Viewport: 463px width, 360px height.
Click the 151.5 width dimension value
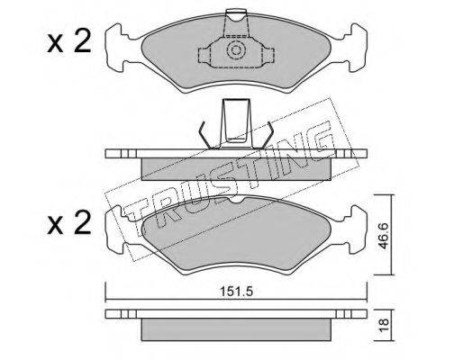pos(236,291)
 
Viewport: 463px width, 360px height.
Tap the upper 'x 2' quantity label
pos(68,42)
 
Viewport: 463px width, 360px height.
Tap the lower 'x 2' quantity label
pos(68,222)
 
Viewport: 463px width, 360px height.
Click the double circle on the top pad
pos(236,50)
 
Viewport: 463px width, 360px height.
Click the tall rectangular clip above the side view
pos(236,123)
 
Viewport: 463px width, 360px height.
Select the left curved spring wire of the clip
pos(206,136)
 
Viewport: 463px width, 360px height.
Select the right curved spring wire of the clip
pos(266,136)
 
